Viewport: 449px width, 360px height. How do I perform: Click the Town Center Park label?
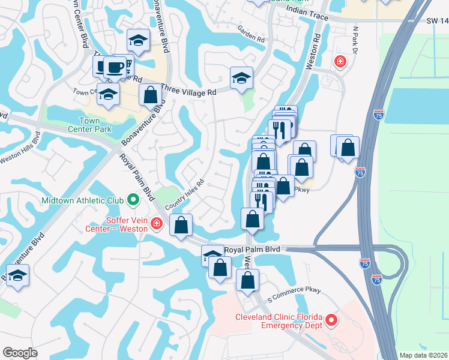89,125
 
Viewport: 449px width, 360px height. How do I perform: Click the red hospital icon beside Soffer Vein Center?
157,224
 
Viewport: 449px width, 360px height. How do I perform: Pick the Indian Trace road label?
307,14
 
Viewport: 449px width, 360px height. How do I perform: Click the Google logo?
20,353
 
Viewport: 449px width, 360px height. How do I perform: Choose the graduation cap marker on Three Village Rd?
241,78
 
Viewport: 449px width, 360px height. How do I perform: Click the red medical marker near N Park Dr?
340,61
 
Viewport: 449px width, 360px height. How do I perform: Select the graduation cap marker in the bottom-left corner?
18,276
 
